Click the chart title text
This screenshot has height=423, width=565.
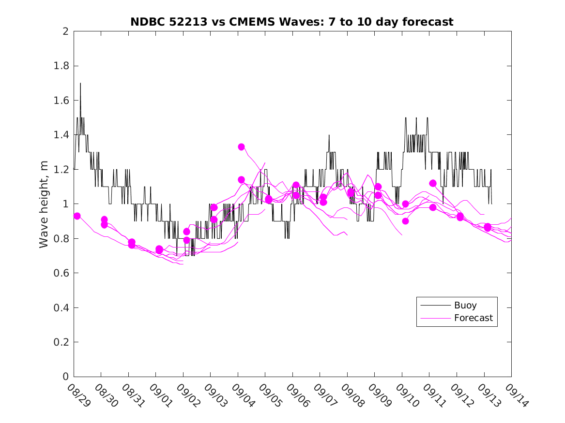(291, 22)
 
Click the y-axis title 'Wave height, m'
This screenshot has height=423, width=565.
(44, 204)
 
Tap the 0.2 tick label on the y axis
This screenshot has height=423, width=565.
(63, 342)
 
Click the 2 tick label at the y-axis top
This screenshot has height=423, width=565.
(65, 31)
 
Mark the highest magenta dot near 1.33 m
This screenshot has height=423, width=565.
(241, 147)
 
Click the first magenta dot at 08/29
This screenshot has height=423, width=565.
(77, 216)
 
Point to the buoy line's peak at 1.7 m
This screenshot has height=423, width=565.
(80, 83)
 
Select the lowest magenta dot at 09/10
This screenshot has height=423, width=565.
(405, 221)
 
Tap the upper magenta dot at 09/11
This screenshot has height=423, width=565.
(433, 183)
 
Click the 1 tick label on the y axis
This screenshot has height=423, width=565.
(65, 204)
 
